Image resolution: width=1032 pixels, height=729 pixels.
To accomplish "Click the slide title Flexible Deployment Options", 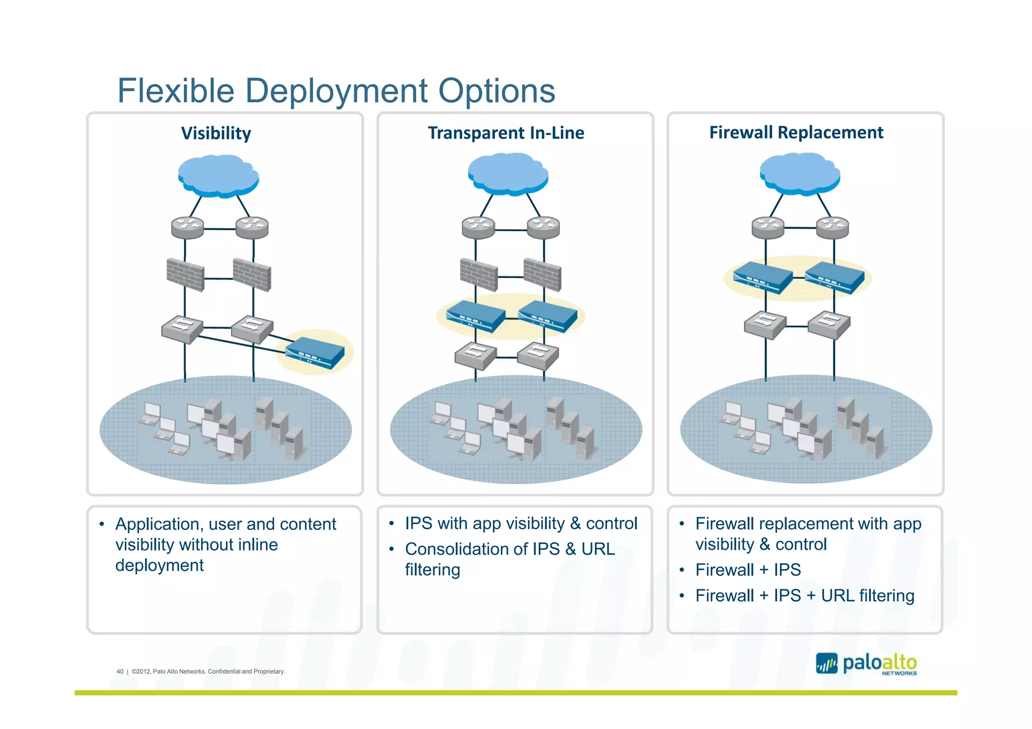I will (336, 91).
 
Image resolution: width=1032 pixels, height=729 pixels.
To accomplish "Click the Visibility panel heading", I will (216, 134).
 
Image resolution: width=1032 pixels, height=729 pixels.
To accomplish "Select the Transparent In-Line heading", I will (505, 133).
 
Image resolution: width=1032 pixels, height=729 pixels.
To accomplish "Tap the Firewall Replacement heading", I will (796, 132).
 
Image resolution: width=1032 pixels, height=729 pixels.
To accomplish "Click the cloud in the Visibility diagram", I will (218, 175).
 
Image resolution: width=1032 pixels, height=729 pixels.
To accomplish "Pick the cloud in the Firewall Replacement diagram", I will (799, 173).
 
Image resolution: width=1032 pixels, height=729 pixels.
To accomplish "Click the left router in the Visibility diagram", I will (187, 227).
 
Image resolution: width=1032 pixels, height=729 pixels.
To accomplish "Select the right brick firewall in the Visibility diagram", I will (252, 275).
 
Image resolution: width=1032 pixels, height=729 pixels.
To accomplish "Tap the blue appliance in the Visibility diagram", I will (315, 352).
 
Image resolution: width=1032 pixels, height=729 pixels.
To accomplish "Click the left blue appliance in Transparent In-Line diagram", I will (475, 316).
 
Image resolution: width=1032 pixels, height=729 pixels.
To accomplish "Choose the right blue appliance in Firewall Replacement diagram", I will (834, 277).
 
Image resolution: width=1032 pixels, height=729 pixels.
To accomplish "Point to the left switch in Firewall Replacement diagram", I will (765, 324).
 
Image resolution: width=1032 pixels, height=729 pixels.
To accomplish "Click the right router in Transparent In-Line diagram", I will (543, 227).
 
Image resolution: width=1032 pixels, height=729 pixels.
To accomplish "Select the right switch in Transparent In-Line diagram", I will (538, 355).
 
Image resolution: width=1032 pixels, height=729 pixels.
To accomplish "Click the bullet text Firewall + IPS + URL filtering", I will (804, 595).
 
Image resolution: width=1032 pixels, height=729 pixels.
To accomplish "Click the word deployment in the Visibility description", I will (159, 565).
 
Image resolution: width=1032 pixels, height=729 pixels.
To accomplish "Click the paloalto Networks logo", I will (866, 664).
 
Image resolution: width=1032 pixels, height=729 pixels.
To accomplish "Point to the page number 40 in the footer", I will (120, 671).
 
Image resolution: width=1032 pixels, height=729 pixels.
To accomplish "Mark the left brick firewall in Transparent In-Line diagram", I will (478, 275).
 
